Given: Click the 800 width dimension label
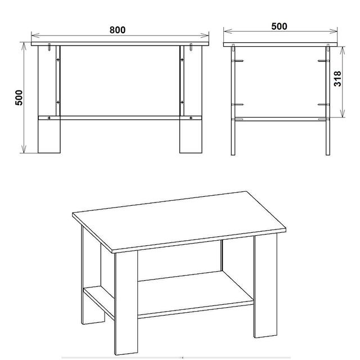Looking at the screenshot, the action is pyautogui.click(x=118, y=30).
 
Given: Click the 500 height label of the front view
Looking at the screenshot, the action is pyautogui.click(x=19, y=97).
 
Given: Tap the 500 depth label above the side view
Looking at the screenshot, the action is pyautogui.click(x=279, y=26).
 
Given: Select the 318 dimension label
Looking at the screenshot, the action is pyautogui.click(x=337, y=79).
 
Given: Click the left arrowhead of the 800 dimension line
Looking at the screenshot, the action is pyautogui.click(x=35, y=35).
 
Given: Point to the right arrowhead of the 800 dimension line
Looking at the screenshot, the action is pyautogui.click(x=205, y=35).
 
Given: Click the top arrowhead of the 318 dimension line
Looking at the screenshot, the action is pyautogui.click(x=343, y=51).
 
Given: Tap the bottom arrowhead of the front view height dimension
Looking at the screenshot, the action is pyautogui.click(x=24, y=149).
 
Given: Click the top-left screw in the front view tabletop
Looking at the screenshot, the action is pyautogui.click(x=49, y=47).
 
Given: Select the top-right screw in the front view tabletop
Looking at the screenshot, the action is pyautogui.click(x=191, y=47).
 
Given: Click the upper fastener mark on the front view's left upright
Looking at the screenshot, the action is pyautogui.click(x=58, y=60).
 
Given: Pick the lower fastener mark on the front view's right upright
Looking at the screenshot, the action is pyautogui.click(x=182, y=102).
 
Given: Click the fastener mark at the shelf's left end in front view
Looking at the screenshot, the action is pyautogui.click(x=49, y=118).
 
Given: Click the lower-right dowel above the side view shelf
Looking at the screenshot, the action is pyautogui.click(x=324, y=105).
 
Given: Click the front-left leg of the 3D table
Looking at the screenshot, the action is pyautogui.click(x=126, y=303).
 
